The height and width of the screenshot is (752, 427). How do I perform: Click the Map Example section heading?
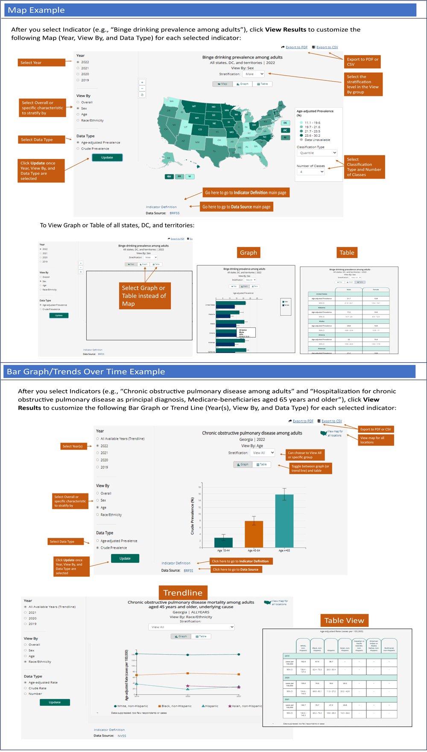pos(37,10)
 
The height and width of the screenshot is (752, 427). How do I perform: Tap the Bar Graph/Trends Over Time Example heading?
pos(86,372)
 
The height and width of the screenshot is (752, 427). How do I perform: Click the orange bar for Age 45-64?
pos(254,534)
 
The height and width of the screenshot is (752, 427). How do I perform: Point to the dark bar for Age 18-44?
pos(223,542)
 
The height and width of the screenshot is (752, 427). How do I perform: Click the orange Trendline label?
pos(183,593)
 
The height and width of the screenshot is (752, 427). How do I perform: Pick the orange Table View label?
pos(344,620)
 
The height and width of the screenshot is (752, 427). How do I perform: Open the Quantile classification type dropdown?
pos(317,153)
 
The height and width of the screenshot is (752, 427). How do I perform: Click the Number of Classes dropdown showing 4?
pos(311,172)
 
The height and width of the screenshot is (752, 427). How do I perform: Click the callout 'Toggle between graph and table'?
pos(310,468)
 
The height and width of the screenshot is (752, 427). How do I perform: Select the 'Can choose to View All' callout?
pos(305,455)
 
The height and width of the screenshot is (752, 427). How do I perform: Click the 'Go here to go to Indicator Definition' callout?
pos(246,193)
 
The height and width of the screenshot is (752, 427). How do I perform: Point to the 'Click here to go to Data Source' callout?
pos(236,570)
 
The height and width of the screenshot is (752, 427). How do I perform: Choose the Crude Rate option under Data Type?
pos(38,688)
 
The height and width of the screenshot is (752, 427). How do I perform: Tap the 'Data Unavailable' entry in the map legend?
pos(317,140)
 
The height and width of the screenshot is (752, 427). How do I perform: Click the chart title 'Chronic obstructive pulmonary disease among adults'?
pos(252,433)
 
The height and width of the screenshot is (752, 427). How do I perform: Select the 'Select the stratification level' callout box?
pos(363,84)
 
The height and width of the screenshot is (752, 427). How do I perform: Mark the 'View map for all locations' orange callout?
pos(376,440)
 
